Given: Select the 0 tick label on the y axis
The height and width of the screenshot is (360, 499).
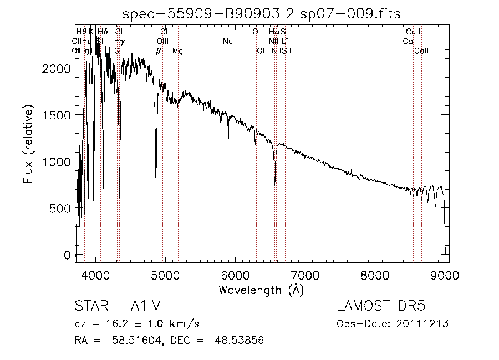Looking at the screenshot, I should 67,255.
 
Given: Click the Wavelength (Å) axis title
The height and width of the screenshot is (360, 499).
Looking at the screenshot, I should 262,290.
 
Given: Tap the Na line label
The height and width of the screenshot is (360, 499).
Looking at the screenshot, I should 228,41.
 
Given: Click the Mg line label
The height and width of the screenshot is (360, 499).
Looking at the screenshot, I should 177,51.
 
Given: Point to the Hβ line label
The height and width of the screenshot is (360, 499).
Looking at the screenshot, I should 156,51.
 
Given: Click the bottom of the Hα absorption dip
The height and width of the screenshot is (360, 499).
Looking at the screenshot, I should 274,181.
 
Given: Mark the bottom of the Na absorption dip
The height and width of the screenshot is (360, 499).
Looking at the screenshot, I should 228,138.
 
